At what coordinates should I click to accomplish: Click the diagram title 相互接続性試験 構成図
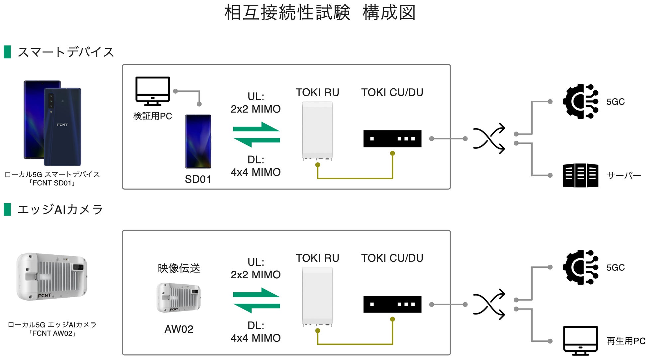[320, 13]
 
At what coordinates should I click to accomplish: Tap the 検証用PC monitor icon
[153, 90]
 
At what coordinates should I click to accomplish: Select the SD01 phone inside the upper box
[198, 141]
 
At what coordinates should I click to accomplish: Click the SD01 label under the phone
[198, 179]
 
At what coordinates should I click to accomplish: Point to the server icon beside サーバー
[581, 175]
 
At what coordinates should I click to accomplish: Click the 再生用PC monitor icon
[581, 340]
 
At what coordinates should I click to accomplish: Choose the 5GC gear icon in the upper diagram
[580, 101]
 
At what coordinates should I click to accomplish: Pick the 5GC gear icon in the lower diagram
[580, 267]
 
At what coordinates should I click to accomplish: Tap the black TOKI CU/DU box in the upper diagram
[392, 138]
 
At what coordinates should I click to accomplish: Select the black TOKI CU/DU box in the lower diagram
[392, 304]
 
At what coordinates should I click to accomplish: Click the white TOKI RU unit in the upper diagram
[317, 131]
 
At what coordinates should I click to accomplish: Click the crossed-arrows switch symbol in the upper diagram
[489, 138]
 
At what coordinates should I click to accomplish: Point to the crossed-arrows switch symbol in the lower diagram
[489, 304]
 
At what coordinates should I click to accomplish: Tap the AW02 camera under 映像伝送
[178, 298]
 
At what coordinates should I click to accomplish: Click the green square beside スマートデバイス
[7, 52]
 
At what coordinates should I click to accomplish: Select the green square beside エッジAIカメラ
[7, 210]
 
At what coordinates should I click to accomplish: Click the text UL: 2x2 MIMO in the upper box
[256, 103]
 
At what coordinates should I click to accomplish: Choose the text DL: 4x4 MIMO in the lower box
[256, 332]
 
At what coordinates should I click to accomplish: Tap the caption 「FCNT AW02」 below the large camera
[52, 333]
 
